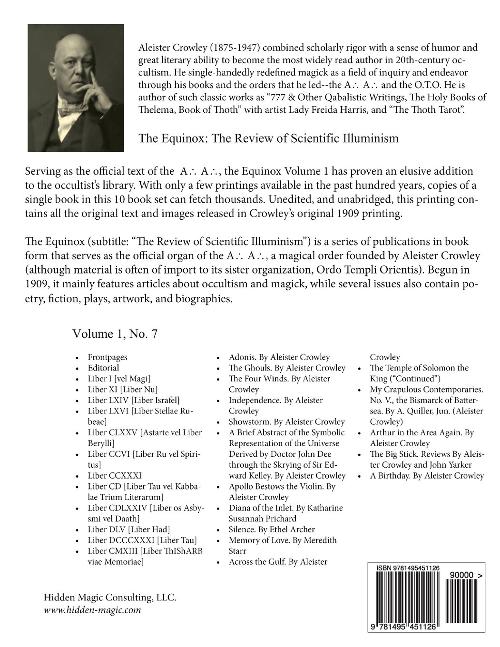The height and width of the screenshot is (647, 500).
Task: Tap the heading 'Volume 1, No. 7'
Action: (115, 334)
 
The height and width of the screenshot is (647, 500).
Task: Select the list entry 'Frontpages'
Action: (103, 357)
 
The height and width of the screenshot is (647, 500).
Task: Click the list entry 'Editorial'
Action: (103, 368)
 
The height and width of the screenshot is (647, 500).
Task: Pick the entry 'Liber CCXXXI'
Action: (115, 475)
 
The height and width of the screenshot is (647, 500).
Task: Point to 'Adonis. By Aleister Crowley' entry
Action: (279, 357)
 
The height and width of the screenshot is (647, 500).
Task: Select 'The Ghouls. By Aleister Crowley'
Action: (287, 368)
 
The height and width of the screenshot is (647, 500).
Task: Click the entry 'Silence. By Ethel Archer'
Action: (272, 529)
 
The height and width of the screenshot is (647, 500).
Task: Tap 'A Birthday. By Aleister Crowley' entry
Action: (427, 475)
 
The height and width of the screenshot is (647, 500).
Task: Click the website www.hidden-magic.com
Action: (92, 610)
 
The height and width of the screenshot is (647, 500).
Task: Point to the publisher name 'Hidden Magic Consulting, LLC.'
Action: (110, 598)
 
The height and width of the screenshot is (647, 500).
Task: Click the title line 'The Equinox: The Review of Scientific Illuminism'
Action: (268, 138)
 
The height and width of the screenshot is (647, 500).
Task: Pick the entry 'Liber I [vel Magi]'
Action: (119, 379)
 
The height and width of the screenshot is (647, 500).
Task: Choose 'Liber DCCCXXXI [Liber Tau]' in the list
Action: (142, 540)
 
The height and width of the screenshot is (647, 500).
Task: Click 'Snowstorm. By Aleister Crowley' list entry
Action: (286, 422)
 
